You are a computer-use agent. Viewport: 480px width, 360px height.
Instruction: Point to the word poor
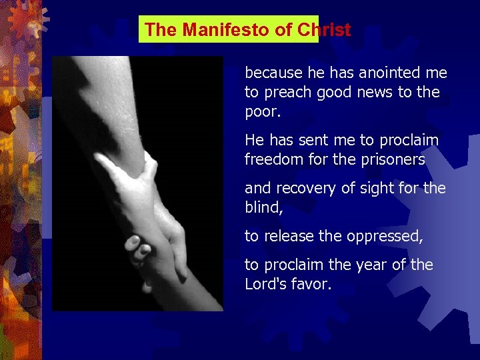coord(263,111)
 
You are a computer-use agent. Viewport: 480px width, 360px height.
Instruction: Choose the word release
coord(287,236)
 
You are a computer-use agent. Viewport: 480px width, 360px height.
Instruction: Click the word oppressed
coord(380,236)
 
